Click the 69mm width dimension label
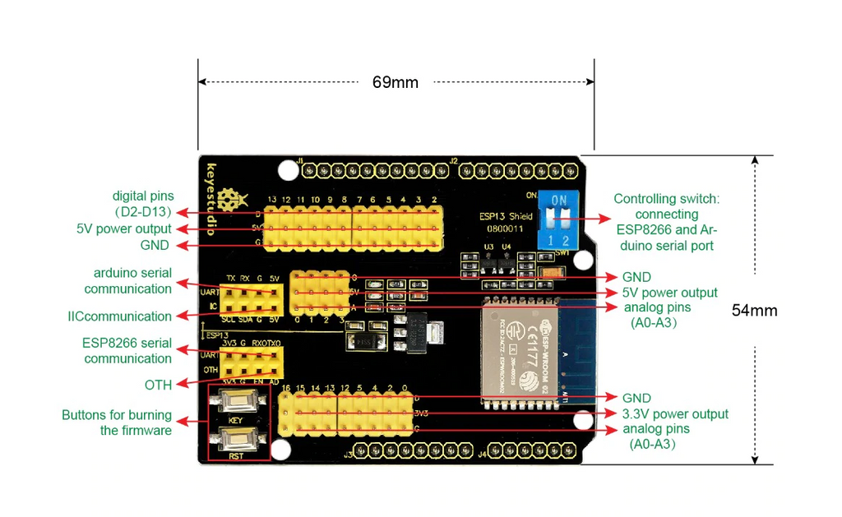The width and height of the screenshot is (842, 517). [395, 82]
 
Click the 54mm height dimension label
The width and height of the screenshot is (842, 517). [754, 311]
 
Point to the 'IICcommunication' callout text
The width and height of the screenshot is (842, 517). [120, 316]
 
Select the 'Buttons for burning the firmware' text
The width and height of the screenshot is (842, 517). [117, 422]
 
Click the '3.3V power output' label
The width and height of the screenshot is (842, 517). [675, 413]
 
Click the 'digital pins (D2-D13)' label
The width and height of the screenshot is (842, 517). [144, 204]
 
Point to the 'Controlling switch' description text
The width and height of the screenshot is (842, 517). [666, 222]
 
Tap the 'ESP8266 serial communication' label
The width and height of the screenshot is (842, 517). [127, 351]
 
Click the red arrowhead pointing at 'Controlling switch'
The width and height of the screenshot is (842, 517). [605, 219]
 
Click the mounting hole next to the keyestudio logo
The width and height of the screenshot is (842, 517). [287, 170]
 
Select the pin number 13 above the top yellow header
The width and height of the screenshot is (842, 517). [272, 200]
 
